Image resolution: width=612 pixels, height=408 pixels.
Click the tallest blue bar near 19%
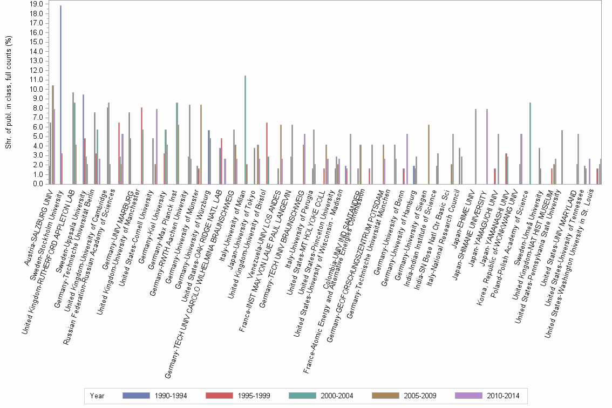coord(60,94)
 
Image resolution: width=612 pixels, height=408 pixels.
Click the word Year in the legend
coord(97,396)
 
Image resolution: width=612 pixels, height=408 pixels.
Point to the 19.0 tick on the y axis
coord(36,4)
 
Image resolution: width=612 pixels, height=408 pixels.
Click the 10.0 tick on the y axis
coord(36,89)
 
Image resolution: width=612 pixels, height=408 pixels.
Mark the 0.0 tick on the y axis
coord(36,184)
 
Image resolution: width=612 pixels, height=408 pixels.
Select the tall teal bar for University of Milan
coord(245,130)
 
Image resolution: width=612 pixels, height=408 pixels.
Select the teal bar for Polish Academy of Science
coord(531,143)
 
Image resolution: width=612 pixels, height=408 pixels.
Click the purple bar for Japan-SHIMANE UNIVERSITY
coord(487,146)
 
